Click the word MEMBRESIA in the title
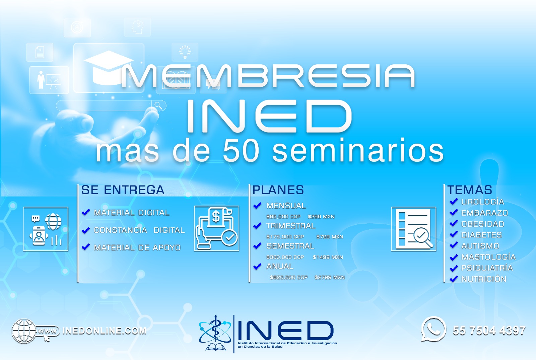[268, 76]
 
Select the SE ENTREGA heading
[123, 190]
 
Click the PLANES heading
[278, 190]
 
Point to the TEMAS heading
[470, 190]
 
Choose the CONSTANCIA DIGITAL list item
[139, 230]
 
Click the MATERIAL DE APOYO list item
[137, 247]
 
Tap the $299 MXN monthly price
[321, 217]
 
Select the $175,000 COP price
[285, 237]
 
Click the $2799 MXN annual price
[330, 277]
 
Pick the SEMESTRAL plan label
[290, 246]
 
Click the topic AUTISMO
[480, 246]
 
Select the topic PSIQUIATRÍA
[487, 268]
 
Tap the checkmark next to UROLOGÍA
[454, 201]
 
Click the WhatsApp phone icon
[433, 330]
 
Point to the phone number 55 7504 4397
[489, 331]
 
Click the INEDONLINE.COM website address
[104, 331]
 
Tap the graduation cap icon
[109, 68]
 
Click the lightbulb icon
[185, 52]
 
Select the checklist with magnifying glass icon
[414, 229]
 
